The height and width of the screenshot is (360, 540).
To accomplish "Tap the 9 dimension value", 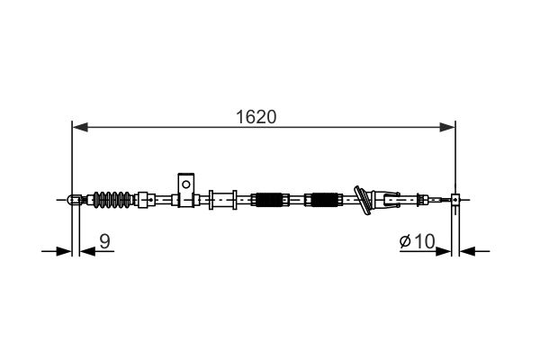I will pyautogui.click(x=105, y=240).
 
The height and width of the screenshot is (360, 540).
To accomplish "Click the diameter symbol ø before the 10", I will pyautogui.click(x=405, y=241).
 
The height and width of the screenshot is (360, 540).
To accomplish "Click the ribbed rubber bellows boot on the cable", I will pyautogui.click(x=113, y=199).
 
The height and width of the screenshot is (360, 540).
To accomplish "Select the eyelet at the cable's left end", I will pyautogui.click(x=73, y=199).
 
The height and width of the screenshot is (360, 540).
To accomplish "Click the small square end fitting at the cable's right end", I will pyautogui.click(x=456, y=199).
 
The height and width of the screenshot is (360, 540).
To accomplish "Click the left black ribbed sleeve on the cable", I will pyautogui.click(x=269, y=199).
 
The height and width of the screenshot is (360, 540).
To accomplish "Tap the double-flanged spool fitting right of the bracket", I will pyautogui.click(x=223, y=199).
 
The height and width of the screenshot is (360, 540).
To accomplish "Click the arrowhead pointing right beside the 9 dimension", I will pyautogui.click(x=62, y=251).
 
